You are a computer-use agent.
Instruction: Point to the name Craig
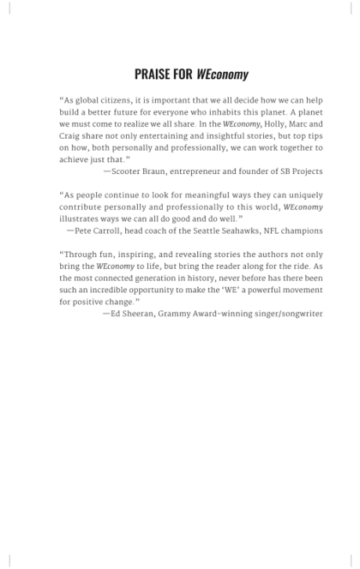[72, 135]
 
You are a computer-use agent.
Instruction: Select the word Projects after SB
[303, 171]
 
